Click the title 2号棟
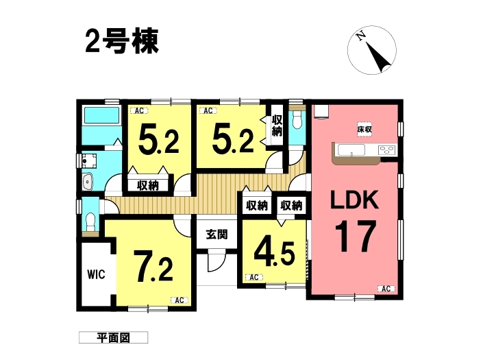tap(122, 42)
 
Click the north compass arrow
tap(377, 56)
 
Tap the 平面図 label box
tap(113, 337)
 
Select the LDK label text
tap(354, 200)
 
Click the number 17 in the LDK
tap(355, 236)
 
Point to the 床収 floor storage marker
tap(364, 130)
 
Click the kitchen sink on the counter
tap(351, 150)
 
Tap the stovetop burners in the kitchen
tap(387, 150)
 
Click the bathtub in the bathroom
tap(101, 116)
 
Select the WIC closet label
tap(96, 274)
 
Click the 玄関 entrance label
tap(217, 235)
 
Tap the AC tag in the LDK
tap(386, 289)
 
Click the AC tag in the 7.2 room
tap(179, 300)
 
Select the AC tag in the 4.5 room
tap(253, 278)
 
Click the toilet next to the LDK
tap(297, 120)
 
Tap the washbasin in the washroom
tap(88, 182)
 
